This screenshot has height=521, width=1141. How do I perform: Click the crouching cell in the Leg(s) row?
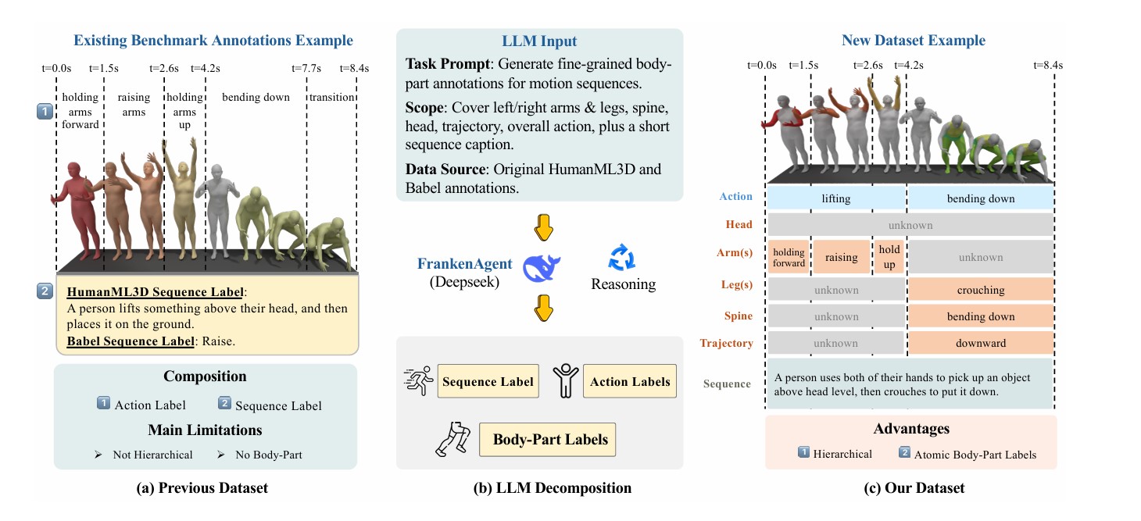coord(981,290)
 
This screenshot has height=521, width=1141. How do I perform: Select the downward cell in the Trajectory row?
coord(981,343)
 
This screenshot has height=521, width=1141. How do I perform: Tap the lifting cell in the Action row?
coord(835,198)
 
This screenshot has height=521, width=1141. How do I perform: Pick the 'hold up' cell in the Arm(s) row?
coord(889,256)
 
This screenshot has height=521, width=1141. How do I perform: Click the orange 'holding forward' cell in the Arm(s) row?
coord(789,257)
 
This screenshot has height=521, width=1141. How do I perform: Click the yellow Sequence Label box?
coord(488,382)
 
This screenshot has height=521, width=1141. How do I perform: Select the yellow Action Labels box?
coord(630,382)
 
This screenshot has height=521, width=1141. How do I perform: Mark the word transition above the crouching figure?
coord(332,98)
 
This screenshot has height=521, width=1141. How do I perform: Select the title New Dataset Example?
coord(913,40)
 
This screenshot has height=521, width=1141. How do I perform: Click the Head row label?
coord(739,225)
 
